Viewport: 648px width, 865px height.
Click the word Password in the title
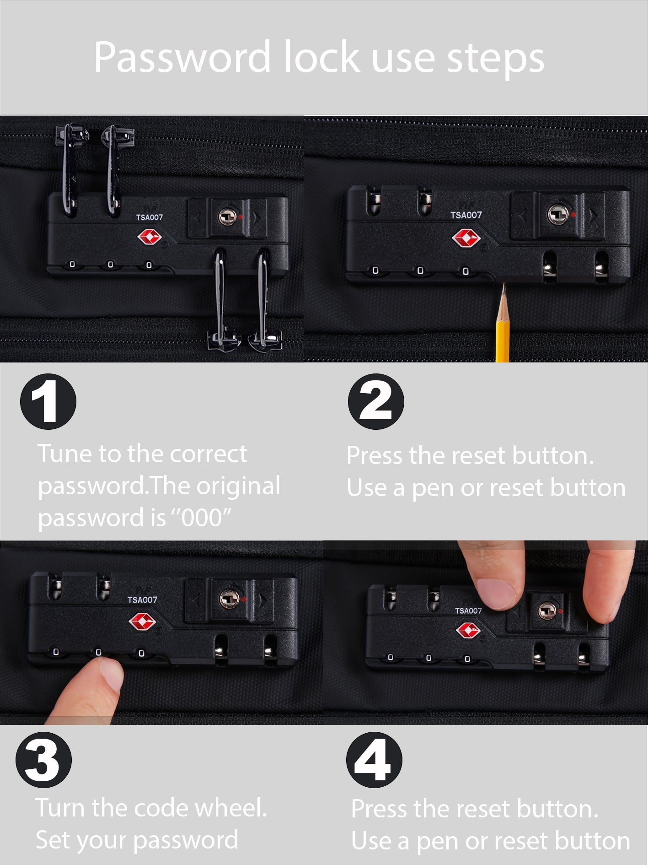(182, 58)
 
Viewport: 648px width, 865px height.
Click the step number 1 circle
(48, 401)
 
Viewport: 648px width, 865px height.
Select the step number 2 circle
(376, 401)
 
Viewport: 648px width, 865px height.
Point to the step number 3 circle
(44, 760)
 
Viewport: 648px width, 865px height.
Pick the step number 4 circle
(374, 760)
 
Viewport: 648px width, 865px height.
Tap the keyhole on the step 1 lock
(227, 216)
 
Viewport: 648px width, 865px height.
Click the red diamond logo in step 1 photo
(150, 238)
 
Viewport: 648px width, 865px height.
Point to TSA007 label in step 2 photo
(466, 215)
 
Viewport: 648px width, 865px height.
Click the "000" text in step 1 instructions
(202, 517)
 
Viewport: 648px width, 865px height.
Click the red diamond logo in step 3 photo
(142, 622)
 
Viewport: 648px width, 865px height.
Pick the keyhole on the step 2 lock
(558, 214)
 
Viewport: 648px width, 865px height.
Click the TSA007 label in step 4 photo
(468, 611)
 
